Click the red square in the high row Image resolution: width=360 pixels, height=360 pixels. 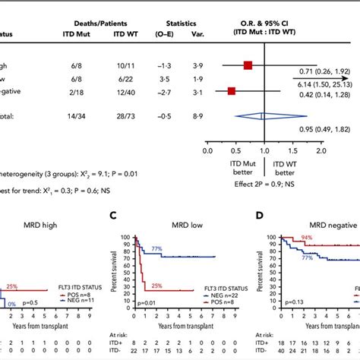point(248,65)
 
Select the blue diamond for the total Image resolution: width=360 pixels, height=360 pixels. point(263,116)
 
